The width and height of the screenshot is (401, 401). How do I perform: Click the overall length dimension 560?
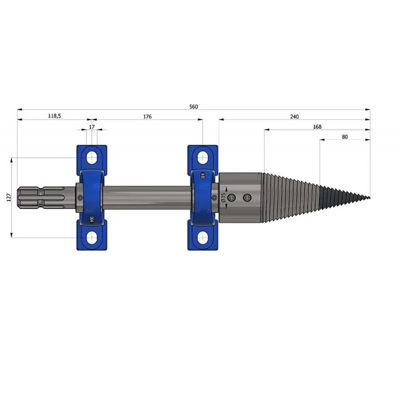coord(193,107)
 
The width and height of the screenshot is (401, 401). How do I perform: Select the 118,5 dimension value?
coord(55,116)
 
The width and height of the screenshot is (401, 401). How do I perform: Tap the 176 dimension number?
coord(147,117)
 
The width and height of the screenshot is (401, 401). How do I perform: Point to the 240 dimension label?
coord(294,117)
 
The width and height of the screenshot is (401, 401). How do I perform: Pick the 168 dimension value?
coord(317,127)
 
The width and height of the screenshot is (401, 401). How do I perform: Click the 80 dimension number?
coord(345,137)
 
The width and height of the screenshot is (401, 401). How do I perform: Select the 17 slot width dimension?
coord(92,127)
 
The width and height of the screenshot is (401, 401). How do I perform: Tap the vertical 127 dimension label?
coord(9,197)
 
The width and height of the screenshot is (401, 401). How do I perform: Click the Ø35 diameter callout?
coord(223,197)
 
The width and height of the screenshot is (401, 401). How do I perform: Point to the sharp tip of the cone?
coord(369,197)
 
